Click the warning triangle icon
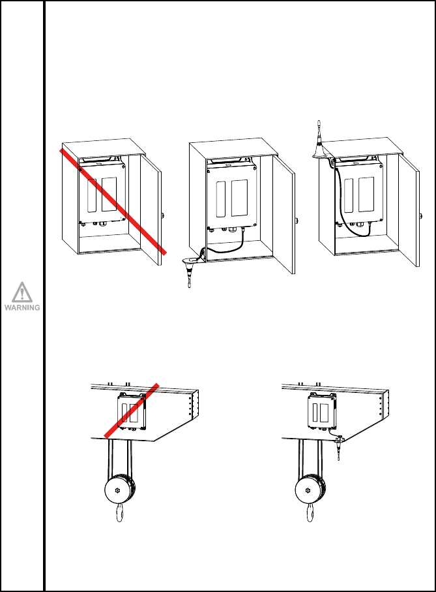tap(22, 292)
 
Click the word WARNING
tap(22, 307)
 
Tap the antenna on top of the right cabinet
tap(320, 139)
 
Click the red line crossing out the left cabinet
tap(113, 202)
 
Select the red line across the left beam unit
tap(131, 411)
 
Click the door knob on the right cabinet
tap(421, 216)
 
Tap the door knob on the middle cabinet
tap(297, 220)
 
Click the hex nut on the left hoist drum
tap(117, 490)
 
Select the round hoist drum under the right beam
tap(310, 490)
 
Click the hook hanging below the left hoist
tap(120, 513)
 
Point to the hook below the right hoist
tap(310, 513)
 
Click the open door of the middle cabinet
tap(283, 215)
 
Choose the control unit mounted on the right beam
tap(321, 412)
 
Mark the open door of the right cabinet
tap(409, 211)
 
